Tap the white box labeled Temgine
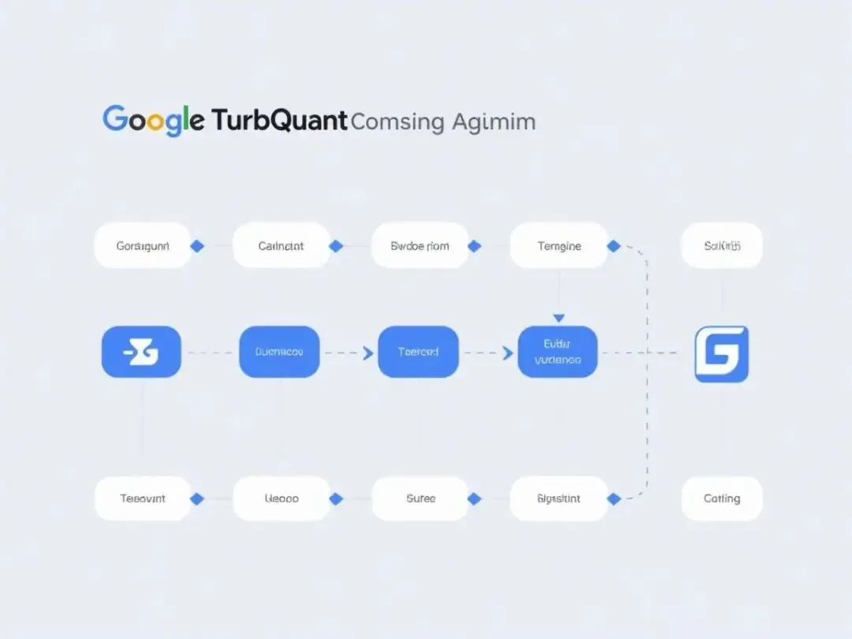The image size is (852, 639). (559, 246)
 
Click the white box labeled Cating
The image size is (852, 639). (722, 499)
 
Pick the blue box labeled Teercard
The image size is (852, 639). (418, 352)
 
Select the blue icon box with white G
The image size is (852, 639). (721, 354)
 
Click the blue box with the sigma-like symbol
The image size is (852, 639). (142, 352)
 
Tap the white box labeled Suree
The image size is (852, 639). (420, 499)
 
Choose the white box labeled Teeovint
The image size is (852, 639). (142, 499)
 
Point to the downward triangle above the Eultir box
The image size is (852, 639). (559, 318)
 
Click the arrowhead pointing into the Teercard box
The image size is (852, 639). (368, 353)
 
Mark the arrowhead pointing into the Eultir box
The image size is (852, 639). (507, 353)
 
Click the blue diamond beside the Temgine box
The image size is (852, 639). (613, 246)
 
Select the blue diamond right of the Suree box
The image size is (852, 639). (474, 499)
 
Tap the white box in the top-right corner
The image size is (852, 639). (722, 246)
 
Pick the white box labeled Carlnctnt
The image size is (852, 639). (281, 246)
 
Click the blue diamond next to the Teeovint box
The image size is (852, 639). (197, 499)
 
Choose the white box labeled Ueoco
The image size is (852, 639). (281, 499)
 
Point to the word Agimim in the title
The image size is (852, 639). (494, 122)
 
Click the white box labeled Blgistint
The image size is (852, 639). (559, 499)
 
